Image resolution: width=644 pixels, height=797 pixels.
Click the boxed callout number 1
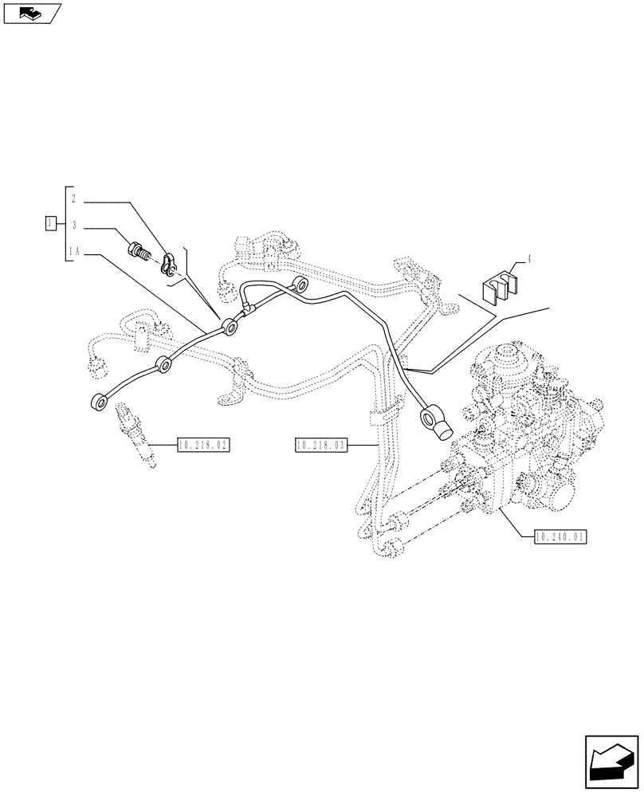coord(50,222)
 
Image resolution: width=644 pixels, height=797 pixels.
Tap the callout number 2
coord(73,198)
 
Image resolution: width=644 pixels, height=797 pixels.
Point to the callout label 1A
coord(75,253)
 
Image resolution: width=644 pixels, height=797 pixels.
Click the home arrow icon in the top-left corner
coord(31,12)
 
